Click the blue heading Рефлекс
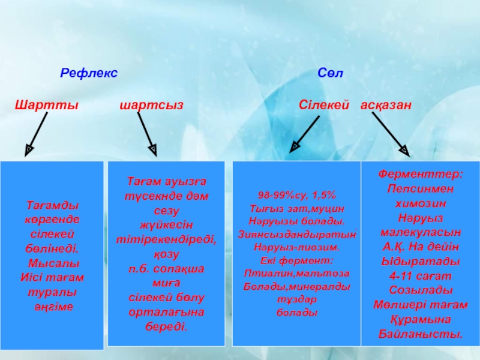pyautogui.click(x=89, y=73)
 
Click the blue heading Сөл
pyautogui.click(x=330, y=73)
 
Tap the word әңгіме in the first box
pyautogui.click(x=53, y=306)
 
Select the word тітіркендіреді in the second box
pyautogui.click(x=166, y=238)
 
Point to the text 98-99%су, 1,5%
pyautogui.click(x=296, y=196)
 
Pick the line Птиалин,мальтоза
pyautogui.click(x=296, y=274)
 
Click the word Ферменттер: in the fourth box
pyautogui.click(x=420, y=174)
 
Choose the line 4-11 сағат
pyautogui.click(x=420, y=276)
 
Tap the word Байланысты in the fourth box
pyautogui.click(x=420, y=334)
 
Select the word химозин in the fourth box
pyautogui.click(x=420, y=203)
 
